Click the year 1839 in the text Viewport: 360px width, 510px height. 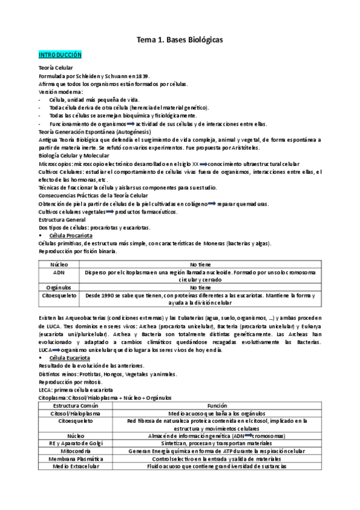pyautogui.click(x=142, y=77)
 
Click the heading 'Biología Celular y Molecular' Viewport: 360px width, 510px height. pyautogui.click(x=73, y=155)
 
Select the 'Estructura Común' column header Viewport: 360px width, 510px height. pyautogui.click(x=69, y=406)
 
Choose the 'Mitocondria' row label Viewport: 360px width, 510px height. pyautogui.click(x=69, y=450)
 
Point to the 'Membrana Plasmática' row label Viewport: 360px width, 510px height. pyautogui.click(x=69, y=458)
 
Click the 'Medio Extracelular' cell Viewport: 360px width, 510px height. pyautogui.click(x=69, y=466)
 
